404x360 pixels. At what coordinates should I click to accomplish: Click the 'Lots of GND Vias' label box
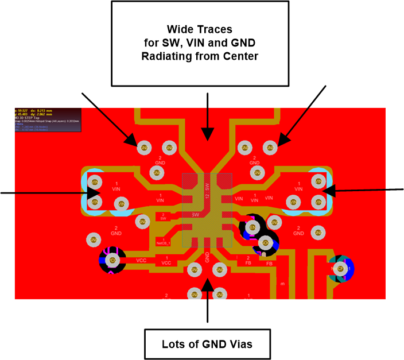pyautogui.click(x=207, y=344)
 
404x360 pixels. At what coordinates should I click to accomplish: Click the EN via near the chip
pyautogui.click(x=252, y=229)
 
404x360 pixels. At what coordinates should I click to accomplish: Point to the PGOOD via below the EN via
pyautogui.click(x=265, y=243)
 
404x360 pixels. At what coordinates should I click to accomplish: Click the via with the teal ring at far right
pyautogui.click(x=340, y=268)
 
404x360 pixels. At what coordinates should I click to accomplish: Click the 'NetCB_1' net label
pyautogui.click(x=164, y=242)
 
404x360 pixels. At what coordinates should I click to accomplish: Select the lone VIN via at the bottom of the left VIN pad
pyautogui.click(x=121, y=203)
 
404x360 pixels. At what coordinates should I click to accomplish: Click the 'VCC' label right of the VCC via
pyautogui.click(x=141, y=260)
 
